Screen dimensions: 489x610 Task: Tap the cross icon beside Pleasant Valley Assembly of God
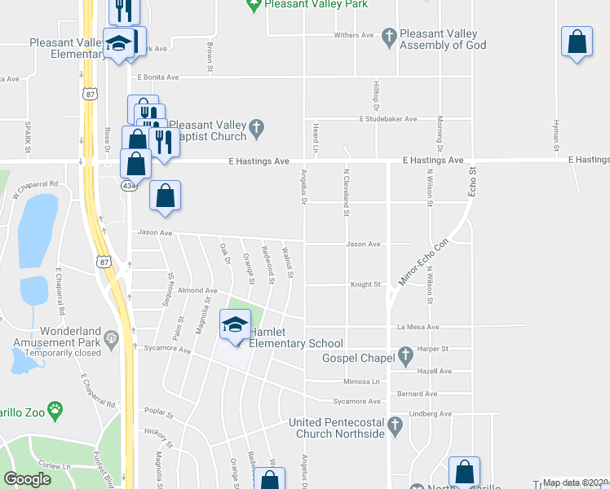(x=389, y=36)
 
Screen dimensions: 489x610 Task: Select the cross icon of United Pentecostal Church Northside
(x=395, y=425)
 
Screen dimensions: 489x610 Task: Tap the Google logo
(x=27, y=478)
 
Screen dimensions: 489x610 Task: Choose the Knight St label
(x=365, y=284)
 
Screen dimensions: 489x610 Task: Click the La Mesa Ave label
(x=418, y=327)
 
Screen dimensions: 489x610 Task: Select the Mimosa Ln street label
(x=362, y=381)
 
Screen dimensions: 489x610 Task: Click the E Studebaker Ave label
(x=388, y=119)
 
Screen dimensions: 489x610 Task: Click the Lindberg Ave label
(x=430, y=414)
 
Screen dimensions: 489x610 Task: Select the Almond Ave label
(x=197, y=290)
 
